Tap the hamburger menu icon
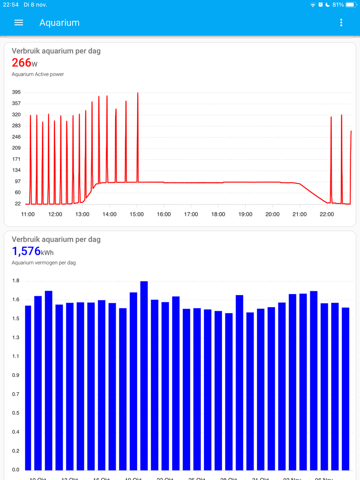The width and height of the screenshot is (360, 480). coord(19,23)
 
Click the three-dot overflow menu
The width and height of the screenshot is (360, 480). coord(341,23)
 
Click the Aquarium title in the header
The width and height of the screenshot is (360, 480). coord(59,23)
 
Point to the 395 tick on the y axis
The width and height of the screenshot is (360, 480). coord(17,92)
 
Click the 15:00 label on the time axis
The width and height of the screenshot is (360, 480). coord(137,214)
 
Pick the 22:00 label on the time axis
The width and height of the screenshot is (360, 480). coord(327,214)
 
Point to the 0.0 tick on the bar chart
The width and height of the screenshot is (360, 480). coord(16,470)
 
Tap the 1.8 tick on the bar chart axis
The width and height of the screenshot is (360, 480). coord(16,281)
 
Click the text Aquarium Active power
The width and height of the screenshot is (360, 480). coord(38,74)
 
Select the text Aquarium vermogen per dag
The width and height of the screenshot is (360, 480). coord(44,263)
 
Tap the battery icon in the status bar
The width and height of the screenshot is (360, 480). coord(350,4)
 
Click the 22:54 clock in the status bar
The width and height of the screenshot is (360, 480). coord(16,4)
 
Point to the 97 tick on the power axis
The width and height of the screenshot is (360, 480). coord(18,182)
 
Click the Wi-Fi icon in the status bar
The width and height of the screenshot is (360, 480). coord(313,4)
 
